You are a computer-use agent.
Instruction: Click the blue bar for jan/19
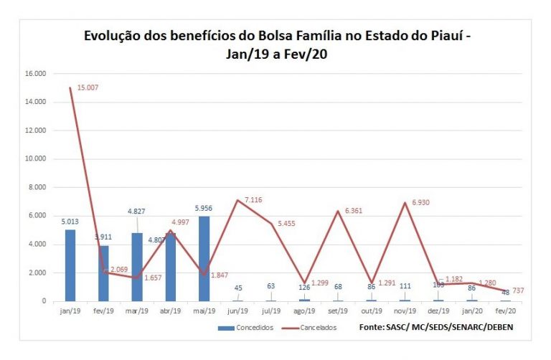(x=70, y=265)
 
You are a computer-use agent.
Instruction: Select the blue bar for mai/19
(x=204, y=258)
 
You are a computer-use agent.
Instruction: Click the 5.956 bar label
(x=204, y=209)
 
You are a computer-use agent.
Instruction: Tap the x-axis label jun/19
(x=237, y=311)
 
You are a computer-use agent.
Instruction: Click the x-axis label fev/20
(x=504, y=311)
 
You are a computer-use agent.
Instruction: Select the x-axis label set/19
(x=337, y=311)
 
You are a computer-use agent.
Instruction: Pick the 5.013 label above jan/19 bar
(x=70, y=222)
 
